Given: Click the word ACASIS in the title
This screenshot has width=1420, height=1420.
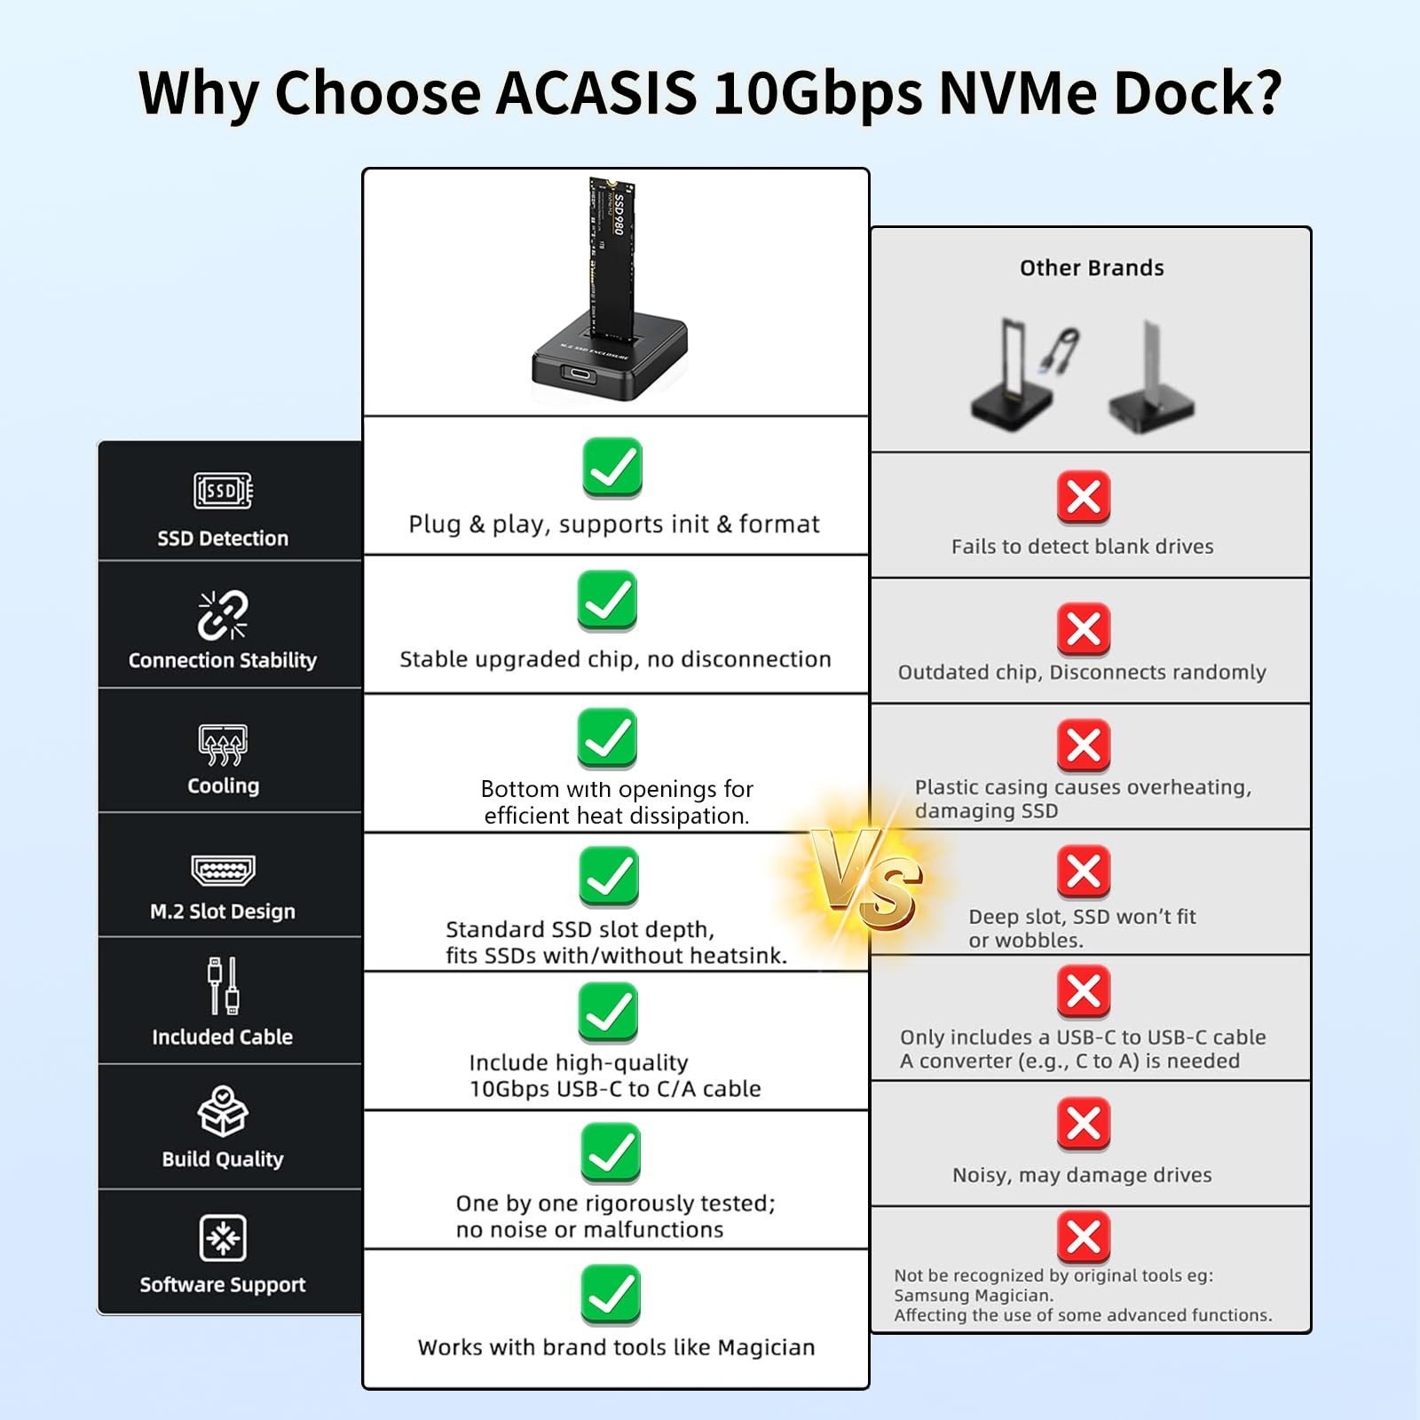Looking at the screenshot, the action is coord(596,92).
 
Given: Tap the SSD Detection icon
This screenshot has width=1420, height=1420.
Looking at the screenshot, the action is coord(223,490).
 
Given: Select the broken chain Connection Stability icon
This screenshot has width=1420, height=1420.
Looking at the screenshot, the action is coord(223,615).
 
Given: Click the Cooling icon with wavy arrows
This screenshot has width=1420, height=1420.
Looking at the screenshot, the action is coord(223,744).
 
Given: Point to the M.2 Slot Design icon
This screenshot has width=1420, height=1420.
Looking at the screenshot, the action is coord(223,871).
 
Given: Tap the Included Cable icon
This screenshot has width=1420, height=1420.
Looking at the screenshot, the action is coord(223,985).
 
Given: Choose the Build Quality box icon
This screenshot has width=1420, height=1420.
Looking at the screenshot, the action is coord(223,1111).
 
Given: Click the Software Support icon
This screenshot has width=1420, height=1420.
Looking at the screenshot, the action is coord(223,1237).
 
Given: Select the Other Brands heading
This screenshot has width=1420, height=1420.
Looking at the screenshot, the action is coord(1092,268).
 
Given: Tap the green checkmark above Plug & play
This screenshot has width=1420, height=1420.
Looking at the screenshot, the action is coord(612,468).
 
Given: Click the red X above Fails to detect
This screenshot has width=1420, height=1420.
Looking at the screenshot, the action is coord(1084,497).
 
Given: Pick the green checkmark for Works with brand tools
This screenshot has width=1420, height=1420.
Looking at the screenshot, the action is coord(611,1295).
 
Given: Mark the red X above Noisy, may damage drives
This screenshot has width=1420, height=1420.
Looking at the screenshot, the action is coord(1084,1124).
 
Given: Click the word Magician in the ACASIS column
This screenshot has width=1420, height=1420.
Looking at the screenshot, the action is coord(766,1347).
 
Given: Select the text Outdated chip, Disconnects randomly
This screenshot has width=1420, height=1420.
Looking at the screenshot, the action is coord(1082,672).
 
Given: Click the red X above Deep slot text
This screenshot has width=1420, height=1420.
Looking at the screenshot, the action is coord(1084,872).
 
